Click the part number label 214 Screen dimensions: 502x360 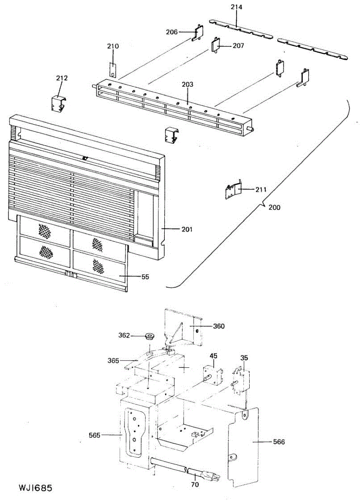click(237, 7)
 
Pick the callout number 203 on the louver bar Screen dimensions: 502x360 click(188, 85)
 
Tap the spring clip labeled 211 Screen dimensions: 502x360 click(232, 191)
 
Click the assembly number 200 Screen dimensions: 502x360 click(275, 207)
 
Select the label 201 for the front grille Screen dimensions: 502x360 click(186, 229)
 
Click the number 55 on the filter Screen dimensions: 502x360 click(145, 277)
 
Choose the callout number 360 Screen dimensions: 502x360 click(219, 326)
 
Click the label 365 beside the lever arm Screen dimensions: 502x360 click(113, 360)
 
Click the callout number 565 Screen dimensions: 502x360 click(95, 435)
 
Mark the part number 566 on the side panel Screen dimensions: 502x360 click(279, 442)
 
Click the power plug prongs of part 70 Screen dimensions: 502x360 click(214, 476)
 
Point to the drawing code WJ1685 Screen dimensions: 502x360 click(35, 488)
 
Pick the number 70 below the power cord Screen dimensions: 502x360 click(195, 485)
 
